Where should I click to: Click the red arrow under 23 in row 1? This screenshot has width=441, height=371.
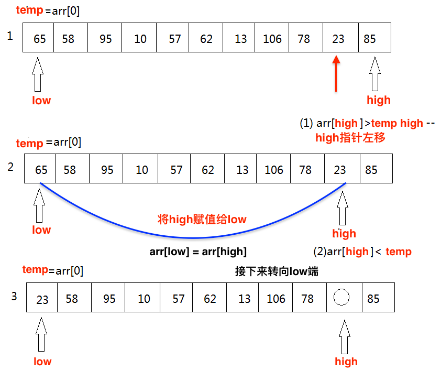[x=336, y=75]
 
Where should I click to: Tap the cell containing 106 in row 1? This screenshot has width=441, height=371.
[x=272, y=38]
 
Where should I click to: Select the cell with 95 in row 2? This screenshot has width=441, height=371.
[x=107, y=169]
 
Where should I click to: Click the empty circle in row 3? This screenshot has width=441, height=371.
[x=341, y=298]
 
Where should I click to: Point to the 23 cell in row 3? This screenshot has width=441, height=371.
[x=42, y=299]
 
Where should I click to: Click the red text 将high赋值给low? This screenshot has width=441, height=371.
[x=202, y=219]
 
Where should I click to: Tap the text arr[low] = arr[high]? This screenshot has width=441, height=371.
[x=198, y=252]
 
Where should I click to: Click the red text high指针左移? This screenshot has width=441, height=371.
[x=350, y=138]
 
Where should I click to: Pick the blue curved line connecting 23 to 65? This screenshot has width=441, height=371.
[x=194, y=237]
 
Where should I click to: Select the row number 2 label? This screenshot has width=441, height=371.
[x=10, y=167]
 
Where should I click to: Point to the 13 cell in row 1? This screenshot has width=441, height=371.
[x=240, y=38]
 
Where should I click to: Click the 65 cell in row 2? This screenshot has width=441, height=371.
[x=40, y=169]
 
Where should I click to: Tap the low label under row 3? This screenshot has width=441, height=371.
[x=42, y=361]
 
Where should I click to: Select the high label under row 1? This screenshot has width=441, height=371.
[x=378, y=100]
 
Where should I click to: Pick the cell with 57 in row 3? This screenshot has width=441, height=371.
[x=178, y=298]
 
